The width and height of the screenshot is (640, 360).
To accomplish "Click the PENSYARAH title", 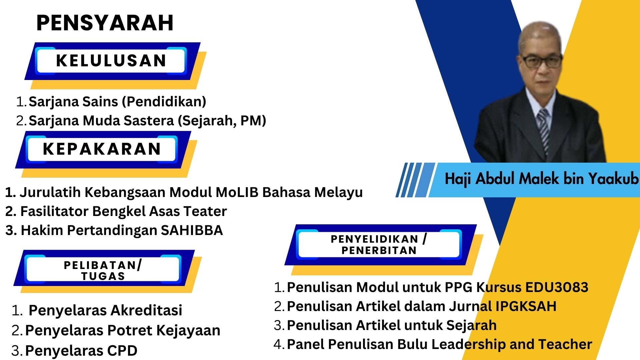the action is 105,23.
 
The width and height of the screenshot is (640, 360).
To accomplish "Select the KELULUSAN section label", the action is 111,60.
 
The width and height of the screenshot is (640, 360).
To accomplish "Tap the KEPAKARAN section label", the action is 102,149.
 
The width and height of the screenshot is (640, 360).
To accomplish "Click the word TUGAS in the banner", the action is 103,276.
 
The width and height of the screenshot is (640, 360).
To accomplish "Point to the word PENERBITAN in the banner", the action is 379,250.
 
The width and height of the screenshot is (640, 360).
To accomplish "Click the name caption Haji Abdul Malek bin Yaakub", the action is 541,179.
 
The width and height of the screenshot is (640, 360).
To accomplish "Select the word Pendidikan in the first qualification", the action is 164,102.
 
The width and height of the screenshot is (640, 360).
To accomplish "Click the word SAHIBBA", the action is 192,230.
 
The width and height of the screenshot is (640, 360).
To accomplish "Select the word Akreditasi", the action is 146,310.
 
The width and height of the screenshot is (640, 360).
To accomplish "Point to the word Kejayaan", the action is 188,331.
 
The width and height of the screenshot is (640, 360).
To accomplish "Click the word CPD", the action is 122,351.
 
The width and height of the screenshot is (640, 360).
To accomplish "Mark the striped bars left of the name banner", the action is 415,180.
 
